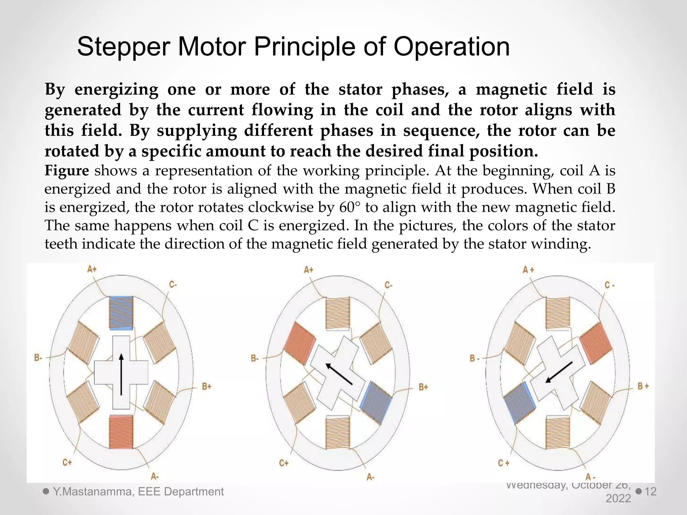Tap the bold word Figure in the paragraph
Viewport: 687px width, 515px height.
point(67,171)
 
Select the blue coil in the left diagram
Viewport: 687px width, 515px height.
point(121,312)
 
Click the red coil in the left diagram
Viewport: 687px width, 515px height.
point(121,432)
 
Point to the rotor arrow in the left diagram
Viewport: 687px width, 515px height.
point(121,374)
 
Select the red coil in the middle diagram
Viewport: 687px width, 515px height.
point(300,343)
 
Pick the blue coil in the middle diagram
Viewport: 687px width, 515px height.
point(376,402)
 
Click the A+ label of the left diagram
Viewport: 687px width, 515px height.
point(92,269)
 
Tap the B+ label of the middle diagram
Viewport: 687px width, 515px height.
point(423,387)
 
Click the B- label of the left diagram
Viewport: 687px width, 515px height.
point(38,358)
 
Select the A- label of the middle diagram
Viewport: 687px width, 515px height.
point(370,477)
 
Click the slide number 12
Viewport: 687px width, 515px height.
point(650,492)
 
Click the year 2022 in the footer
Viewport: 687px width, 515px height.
point(618,499)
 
